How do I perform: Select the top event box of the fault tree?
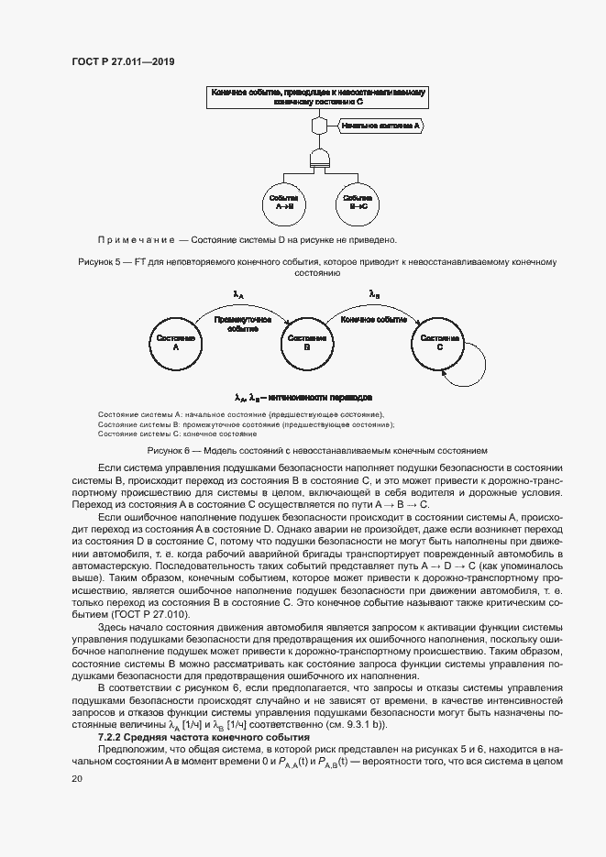point(320,98)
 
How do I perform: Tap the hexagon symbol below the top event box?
point(320,125)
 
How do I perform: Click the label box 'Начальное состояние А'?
point(380,125)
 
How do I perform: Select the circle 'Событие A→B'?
point(283,203)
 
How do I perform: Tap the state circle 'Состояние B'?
point(306,343)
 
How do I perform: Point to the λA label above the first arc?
point(239,295)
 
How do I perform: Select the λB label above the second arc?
point(373,294)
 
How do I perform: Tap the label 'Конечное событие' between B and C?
point(373,320)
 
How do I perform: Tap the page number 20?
point(77,778)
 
